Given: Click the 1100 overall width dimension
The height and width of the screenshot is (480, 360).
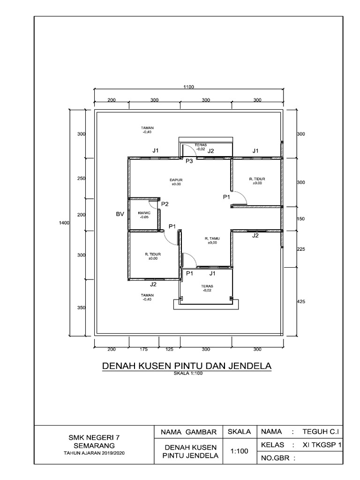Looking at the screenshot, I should point(189,86).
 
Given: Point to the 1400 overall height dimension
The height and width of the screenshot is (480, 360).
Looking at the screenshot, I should point(64,224).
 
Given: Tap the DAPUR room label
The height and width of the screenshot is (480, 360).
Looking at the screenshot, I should point(176,181).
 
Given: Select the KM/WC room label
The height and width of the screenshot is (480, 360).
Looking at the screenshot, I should point(143,215).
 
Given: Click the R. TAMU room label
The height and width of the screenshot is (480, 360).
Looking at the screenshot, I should point(212,240).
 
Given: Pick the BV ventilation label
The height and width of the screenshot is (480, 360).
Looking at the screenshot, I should point(120,214).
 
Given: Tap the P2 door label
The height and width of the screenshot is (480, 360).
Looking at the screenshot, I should point(165,204).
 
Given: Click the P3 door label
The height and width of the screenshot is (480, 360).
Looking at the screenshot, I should point(189,161).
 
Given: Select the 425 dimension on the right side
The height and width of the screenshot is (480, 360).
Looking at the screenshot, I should point(301,302).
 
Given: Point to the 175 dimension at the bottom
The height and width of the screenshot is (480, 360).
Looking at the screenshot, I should point(143,350).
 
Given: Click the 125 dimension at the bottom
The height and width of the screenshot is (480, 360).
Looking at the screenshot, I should point(169,350).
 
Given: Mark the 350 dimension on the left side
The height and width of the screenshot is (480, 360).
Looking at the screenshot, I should point(81,308).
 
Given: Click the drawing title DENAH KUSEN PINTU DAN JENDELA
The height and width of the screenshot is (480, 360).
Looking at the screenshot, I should point(187,366).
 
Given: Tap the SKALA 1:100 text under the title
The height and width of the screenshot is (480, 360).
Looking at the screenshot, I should point(187,374).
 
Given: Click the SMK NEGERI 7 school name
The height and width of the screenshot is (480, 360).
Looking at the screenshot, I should point(95,436).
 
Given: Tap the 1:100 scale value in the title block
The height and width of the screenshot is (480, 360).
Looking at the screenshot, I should point(240,451).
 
